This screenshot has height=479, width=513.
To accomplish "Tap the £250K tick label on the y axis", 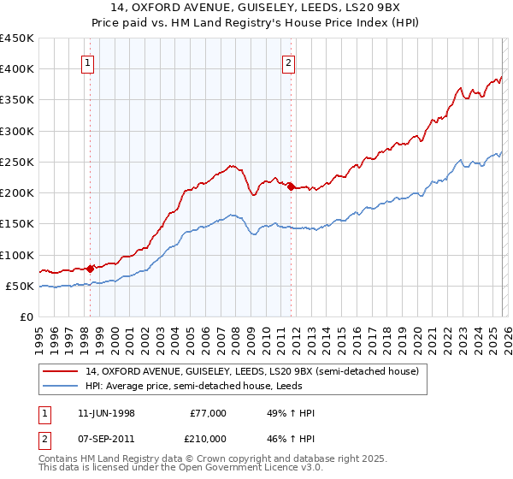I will pyautogui.click(x=16, y=162).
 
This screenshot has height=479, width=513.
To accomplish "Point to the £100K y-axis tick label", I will pyautogui.click(x=16, y=255).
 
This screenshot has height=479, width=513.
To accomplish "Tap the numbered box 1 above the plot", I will pyautogui.click(x=90, y=62).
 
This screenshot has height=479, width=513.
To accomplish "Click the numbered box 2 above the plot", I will pyautogui.click(x=289, y=62).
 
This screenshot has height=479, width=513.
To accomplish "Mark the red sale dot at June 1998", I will pyautogui.click(x=91, y=269).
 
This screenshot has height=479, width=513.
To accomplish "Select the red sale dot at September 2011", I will pyautogui.click(x=291, y=186).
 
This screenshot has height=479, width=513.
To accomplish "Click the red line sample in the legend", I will pyautogui.click(x=62, y=372).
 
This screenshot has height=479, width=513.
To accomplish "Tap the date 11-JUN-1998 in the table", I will pyautogui.click(x=106, y=413).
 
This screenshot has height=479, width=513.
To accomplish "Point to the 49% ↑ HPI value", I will pyautogui.click(x=292, y=413).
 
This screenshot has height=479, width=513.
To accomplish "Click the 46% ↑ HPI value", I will pyautogui.click(x=292, y=438).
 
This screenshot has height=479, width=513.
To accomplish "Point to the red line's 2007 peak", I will pyautogui.click(x=230, y=165).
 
